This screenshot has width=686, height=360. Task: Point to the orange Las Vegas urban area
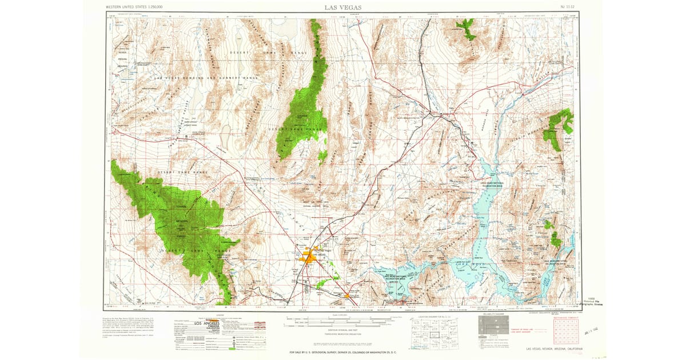tap(309, 258)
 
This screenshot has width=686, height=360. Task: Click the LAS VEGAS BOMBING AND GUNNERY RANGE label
tap(207, 78)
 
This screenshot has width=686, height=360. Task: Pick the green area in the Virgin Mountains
tap(557, 129)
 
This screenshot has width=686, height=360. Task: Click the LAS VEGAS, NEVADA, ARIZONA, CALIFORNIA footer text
tap(552, 349)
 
